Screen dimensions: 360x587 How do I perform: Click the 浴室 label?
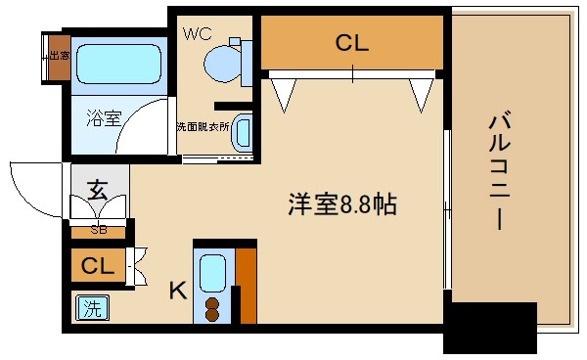tap(104, 118)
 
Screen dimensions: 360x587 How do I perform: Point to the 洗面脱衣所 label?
tap(202, 126)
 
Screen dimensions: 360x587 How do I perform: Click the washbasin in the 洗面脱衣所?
tap(242, 134)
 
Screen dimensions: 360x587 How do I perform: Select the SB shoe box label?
tap(99, 231)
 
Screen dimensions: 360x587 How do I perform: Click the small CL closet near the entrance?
tap(98, 266)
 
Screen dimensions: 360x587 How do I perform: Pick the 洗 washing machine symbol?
tap(91, 309)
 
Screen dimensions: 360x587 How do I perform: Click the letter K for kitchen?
tap(177, 290)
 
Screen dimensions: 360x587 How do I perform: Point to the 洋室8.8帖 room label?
tap(341, 205)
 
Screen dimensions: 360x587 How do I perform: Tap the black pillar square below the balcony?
tap(490, 328)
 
